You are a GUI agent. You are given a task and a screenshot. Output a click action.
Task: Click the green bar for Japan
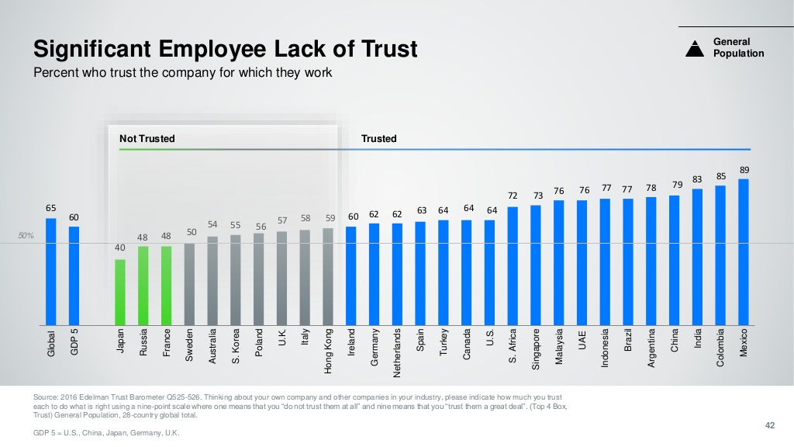click(120, 292)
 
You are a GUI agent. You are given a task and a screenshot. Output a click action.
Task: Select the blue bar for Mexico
click(744, 251)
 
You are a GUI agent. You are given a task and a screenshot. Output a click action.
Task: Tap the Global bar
click(51, 271)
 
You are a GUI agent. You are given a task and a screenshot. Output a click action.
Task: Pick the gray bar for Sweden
click(189, 284)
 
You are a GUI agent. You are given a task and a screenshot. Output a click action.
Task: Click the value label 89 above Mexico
click(744, 169)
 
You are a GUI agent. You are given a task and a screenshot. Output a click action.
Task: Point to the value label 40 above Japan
click(120, 248)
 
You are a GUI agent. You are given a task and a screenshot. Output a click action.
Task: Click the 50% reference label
click(26, 236)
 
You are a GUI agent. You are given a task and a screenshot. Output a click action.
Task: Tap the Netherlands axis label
click(398, 352)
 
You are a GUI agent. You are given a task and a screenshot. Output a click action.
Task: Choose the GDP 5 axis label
click(74, 342)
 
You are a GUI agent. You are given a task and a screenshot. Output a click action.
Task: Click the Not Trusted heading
click(147, 139)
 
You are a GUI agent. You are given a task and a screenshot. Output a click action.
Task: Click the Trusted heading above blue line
click(378, 139)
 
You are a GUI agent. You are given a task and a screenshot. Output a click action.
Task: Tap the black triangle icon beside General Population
click(694, 48)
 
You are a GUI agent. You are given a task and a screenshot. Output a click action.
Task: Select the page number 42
click(769, 424)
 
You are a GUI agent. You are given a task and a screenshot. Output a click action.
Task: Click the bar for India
click(697, 257)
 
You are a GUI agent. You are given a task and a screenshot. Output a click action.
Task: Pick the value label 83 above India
click(697, 179)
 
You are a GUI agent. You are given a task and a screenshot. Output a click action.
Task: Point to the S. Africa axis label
click(513, 345)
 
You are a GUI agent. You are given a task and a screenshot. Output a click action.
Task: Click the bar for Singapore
click(536, 265)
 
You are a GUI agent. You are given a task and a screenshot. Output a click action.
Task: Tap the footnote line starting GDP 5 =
click(107, 433)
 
